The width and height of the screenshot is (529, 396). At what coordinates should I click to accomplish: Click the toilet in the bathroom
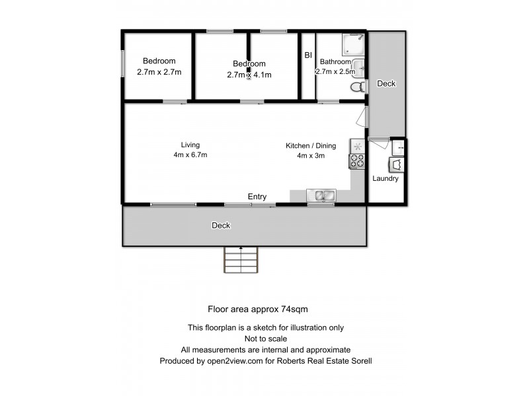357,88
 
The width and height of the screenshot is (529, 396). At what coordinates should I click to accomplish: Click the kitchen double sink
322,195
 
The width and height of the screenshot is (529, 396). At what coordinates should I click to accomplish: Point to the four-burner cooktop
357,160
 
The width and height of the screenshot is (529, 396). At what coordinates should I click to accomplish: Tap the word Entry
257,197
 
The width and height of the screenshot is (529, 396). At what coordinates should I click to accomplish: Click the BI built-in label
307,55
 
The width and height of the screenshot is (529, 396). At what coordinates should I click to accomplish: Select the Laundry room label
385,178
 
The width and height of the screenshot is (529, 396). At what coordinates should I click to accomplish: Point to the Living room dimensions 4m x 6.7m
190,155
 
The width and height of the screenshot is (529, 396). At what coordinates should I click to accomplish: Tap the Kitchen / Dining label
311,146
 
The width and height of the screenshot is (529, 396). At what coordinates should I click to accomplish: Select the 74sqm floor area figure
293,308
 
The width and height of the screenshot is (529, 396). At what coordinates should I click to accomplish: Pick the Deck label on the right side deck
386,84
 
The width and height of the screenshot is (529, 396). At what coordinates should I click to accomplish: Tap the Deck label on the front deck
221,225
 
